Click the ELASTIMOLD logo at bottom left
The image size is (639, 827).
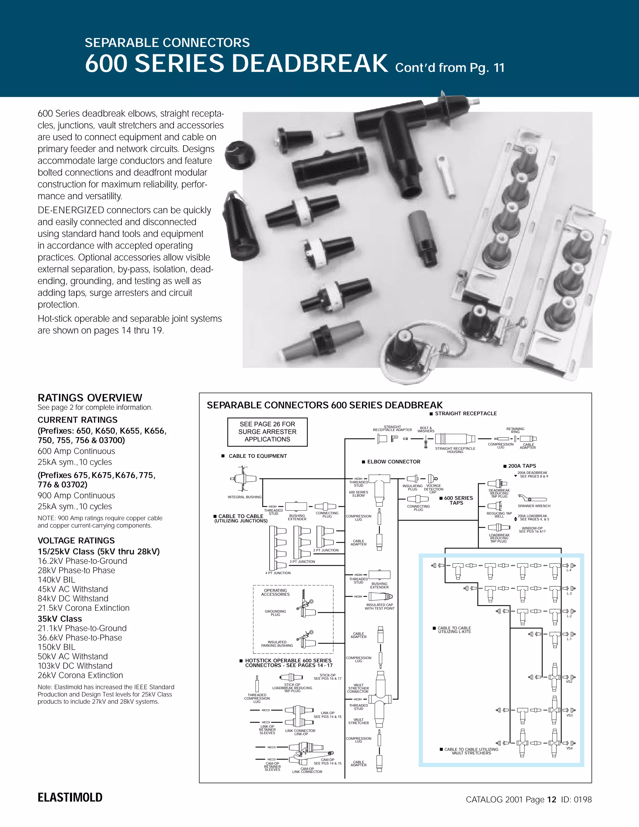click(70, 797)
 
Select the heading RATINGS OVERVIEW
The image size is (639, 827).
click(90, 398)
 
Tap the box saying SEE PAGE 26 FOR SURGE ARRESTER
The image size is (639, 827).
click(267, 432)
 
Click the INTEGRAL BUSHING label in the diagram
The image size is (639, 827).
click(245, 497)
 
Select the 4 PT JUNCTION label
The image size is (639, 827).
click(278, 573)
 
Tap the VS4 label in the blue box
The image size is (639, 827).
click(569, 748)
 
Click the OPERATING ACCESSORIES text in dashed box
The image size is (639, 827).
click(275, 592)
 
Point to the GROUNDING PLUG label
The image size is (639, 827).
click(275, 613)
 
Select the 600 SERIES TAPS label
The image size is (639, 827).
click(458, 500)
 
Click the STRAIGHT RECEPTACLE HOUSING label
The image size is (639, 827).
click(455, 450)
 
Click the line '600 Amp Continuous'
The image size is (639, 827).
click(76, 451)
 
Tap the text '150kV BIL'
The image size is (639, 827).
click(56, 647)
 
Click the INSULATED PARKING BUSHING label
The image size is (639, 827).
click(277, 644)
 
